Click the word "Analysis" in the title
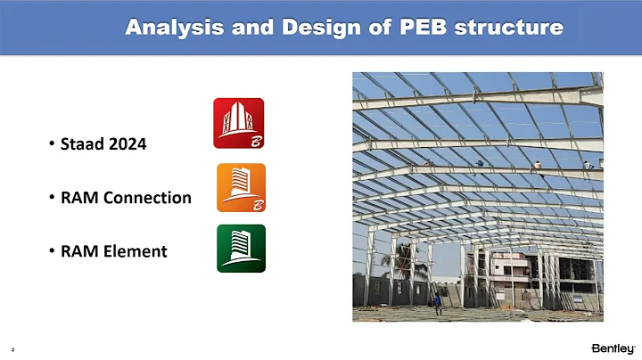(x=166, y=28)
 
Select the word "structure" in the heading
(x=509, y=28)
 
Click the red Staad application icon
(x=238, y=123)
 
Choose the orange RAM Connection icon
(x=241, y=187)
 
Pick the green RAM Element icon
(x=241, y=248)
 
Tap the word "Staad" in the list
(x=81, y=145)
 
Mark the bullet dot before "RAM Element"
(x=52, y=251)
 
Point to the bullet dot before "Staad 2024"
(x=52, y=145)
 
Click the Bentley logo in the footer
(x=613, y=347)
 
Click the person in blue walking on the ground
(x=437, y=302)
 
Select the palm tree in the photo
(x=397, y=264)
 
